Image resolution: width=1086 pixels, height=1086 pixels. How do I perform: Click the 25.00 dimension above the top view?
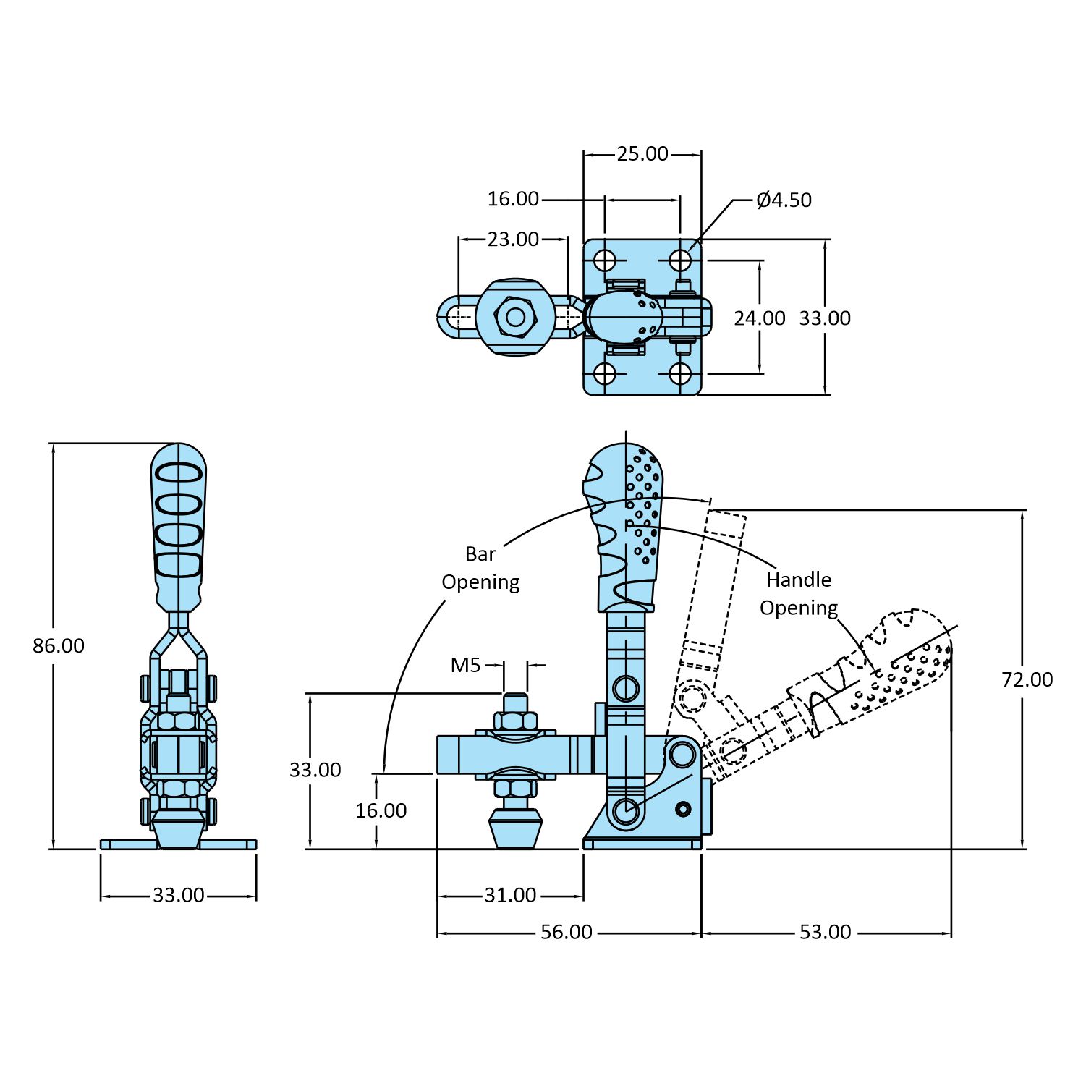pyautogui.click(x=642, y=154)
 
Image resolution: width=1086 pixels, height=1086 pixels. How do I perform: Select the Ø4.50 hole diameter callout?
pyautogui.click(x=784, y=200)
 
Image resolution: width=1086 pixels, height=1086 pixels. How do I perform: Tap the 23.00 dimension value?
pyautogui.click(x=512, y=239)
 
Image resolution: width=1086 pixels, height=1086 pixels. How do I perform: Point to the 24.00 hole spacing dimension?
pyautogui.click(x=759, y=318)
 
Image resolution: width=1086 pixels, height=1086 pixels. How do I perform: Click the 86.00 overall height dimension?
pyautogui.click(x=59, y=645)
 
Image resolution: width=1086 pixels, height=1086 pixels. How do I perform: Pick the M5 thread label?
pyautogui.click(x=465, y=665)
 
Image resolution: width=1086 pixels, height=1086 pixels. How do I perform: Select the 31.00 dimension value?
pyautogui.click(x=510, y=896)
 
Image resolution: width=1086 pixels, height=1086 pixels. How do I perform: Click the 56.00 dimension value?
pyautogui.click(x=567, y=933)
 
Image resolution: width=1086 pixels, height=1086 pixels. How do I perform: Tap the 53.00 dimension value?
pyautogui.click(x=825, y=933)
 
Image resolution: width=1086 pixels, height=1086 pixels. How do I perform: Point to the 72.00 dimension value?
pyautogui.click(x=1027, y=679)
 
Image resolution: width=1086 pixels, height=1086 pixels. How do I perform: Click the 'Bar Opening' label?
pyautogui.click(x=480, y=568)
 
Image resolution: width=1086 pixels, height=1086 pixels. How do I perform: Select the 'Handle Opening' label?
pyautogui.click(x=799, y=593)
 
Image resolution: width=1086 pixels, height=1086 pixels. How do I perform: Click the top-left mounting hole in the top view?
pyautogui.click(x=605, y=260)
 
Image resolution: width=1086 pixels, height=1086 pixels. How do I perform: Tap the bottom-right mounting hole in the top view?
pyautogui.click(x=680, y=374)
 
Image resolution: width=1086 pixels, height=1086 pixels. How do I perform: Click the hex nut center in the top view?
pyautogui.click(x=515, y=317)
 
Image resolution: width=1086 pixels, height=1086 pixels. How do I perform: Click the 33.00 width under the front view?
pyautogui.click(x=178, y=896)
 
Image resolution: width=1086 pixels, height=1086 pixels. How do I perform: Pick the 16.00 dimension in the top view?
pyautogui.click(x=513, y=199)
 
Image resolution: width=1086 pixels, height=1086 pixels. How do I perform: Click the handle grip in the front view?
pyautogui.click(x=178, y=521)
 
